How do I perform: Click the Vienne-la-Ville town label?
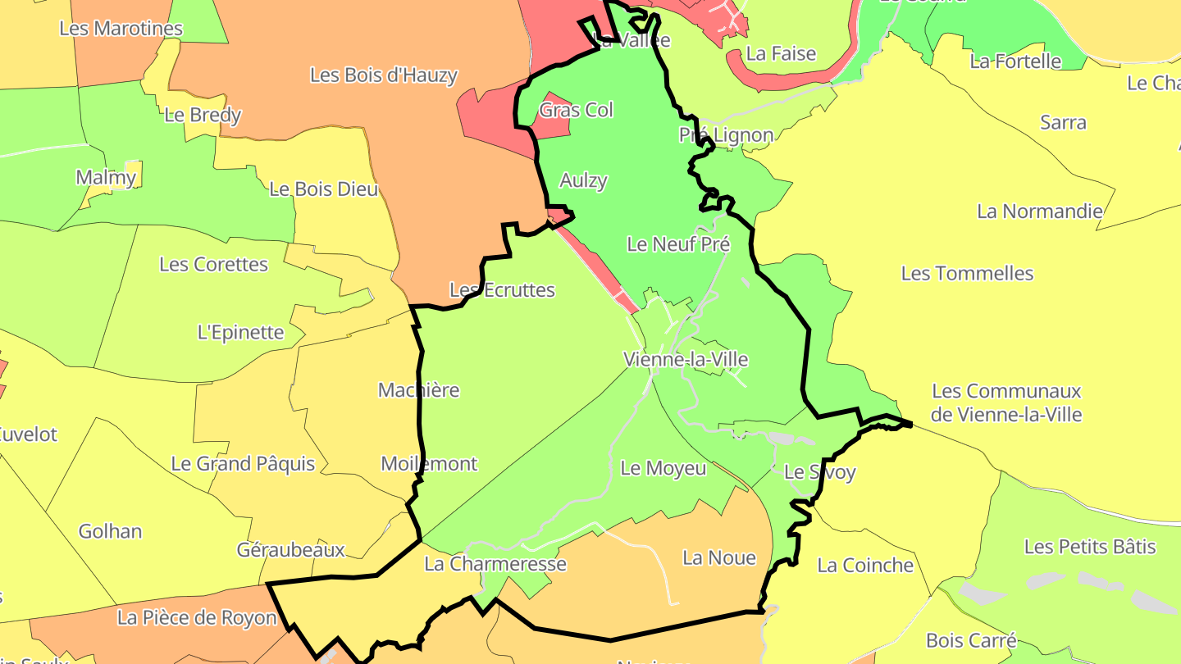pos(686,359)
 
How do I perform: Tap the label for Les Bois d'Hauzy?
pos(383,75)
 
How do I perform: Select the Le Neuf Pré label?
pos(677,244)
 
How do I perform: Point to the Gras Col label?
pos(576,110)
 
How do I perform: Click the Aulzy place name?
pos(583,180)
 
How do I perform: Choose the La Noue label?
pos(718,558)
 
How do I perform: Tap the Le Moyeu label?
pos(663,468)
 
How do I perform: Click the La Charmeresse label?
pos(495,564)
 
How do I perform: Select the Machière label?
pos(418,390)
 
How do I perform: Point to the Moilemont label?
pos(429,464)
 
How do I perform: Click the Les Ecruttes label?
pos(502,290)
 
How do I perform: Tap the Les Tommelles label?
pos(967,273)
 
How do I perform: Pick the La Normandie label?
pos(1039,211)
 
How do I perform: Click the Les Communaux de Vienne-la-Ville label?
pos(1006,402)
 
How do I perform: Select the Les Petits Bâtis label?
pos(1090,547)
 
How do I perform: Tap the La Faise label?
pos(781,54)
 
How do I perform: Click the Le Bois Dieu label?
pos(323,189)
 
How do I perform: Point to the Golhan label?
pos(110,531)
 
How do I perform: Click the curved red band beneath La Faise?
pos(787,80)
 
